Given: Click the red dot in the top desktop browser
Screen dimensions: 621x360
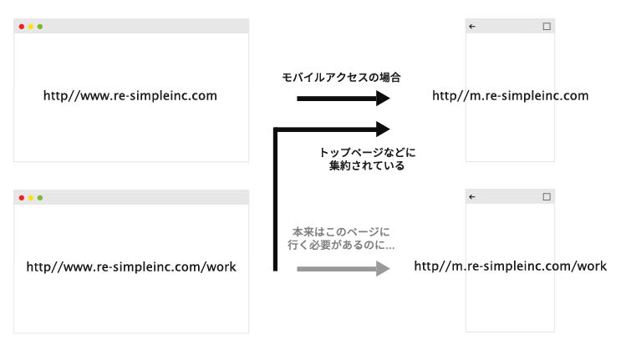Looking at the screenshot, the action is point(22,27).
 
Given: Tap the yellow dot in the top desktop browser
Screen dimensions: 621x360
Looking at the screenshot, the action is point(30,27).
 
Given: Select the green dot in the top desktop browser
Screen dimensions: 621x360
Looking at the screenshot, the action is point(40,27).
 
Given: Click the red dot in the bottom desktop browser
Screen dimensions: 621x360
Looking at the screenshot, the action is point(22,198).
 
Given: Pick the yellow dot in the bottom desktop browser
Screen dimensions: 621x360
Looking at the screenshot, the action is point(30,198).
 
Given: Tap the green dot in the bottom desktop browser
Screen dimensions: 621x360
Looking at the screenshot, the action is point(40,198).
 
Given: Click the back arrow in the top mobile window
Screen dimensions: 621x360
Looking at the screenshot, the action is point(471,27).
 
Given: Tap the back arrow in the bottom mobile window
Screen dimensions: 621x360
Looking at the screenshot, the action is point(471,196).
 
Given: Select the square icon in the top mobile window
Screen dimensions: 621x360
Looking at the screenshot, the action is point(547,27).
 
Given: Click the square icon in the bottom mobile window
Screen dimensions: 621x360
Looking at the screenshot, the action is point(547,196).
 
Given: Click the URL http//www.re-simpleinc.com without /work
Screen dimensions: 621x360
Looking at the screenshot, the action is point(130,96).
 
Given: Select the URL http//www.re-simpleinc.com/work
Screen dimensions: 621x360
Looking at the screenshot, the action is point(131,267).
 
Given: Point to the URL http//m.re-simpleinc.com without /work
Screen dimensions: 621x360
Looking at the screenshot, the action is point(511,96).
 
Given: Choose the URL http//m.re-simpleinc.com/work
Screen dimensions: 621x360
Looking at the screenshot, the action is point(511,266).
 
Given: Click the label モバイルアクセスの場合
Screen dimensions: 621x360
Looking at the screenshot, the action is point(341,77).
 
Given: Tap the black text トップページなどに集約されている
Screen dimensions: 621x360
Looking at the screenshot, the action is point(367,159).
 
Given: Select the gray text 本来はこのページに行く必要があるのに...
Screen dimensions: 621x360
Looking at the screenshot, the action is point(341,238).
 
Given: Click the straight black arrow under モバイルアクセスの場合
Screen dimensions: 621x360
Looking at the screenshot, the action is point(344,99).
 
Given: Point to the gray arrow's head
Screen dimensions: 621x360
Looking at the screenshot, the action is point(383,269).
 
